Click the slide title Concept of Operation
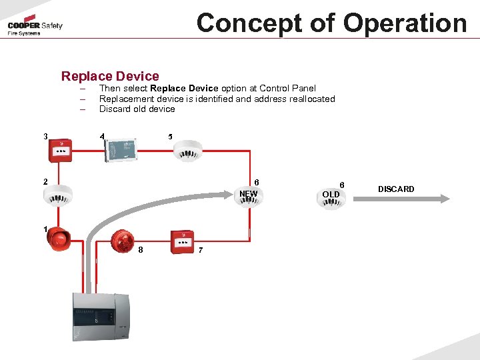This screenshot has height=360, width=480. [x=331, y=23]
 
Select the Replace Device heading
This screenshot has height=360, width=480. [x=110, y=76]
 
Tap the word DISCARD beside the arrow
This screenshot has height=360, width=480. [x=396, y=189]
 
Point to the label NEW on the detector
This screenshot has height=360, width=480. [x=248, y=194]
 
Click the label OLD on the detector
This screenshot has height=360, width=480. [x=331, y=195]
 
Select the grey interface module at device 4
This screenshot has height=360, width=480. [x=121, y=149]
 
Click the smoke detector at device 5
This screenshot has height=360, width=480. [x=188, y=150]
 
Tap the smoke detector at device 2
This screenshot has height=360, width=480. [x=57, y=194]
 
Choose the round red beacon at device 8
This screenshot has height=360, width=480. [x=122, y=241]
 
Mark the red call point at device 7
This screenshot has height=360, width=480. [x=181, y=241]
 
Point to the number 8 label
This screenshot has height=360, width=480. [x=141, y=250]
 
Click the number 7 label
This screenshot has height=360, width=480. [x=201, y=250]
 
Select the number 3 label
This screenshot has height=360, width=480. [x=45, y=137]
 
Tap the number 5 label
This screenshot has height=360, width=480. [x=170, y=137]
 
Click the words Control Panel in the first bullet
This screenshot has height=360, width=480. [x=287, y=88]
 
